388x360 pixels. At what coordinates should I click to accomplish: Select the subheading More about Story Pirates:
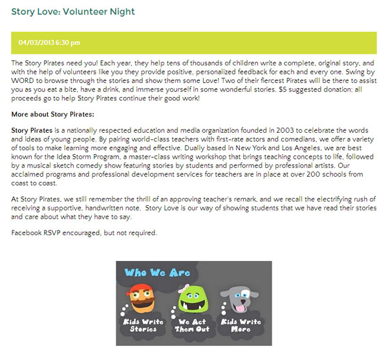pos(52,113)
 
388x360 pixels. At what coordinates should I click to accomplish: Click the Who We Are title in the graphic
pos(157,273)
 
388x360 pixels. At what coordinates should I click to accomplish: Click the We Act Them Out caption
pos(192,326)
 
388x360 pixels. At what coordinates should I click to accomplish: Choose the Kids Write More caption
pos(241,326)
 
